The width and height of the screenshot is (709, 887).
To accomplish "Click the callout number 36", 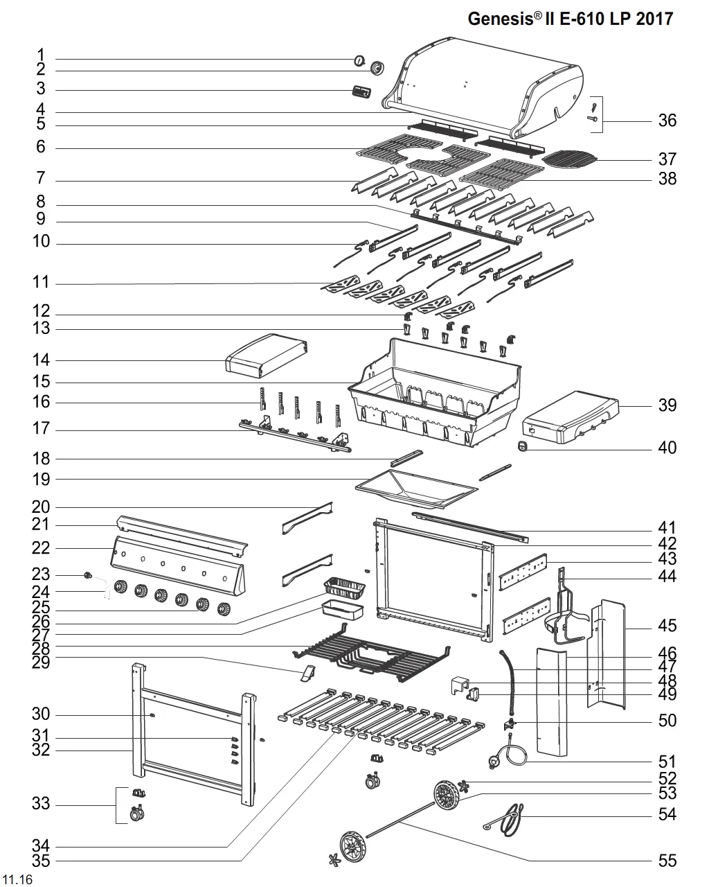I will [x=667, y=121].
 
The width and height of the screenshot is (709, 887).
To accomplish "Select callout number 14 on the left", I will [x=41, y=360].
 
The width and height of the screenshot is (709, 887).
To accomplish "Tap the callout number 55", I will [x=667, y=861].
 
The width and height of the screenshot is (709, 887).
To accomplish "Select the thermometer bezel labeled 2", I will [x=377, y=69].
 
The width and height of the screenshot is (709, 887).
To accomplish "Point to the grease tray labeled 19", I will [x=415, y=489].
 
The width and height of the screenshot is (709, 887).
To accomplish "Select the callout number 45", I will [x=667, y=626].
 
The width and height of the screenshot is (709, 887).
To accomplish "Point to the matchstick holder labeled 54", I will [x=508, y=816].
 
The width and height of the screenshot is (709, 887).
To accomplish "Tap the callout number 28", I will [x=41, y=649].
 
